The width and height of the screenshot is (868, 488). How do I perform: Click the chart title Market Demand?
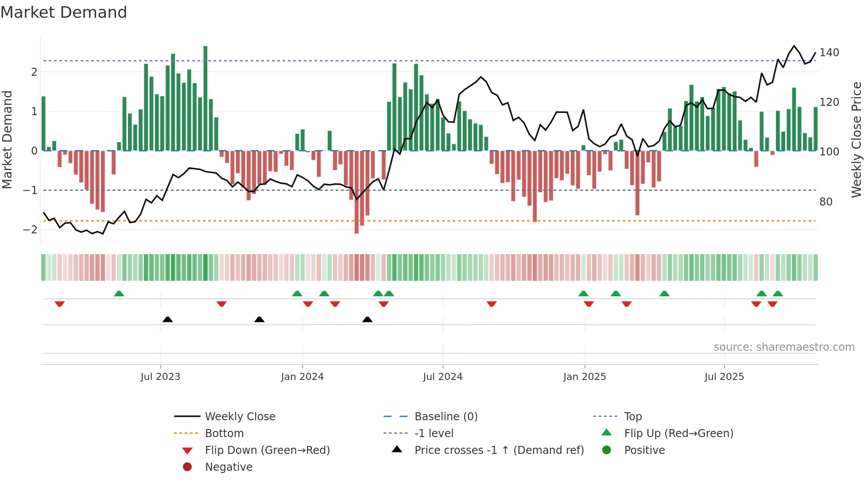pos(64,12)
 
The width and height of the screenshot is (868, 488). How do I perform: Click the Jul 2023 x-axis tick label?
pos(160,377)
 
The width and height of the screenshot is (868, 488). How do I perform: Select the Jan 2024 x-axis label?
pos(302,377)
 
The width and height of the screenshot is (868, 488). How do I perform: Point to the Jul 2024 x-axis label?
pos(443,377)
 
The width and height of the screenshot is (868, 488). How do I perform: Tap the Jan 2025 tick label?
pos(585,377)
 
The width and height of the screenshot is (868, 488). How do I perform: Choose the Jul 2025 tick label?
pos(725,377)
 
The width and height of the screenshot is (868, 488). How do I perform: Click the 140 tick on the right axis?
pos(829,53)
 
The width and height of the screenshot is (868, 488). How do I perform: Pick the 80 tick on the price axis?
pos(826,202)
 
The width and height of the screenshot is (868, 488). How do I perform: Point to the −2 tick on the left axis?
pos(30,229)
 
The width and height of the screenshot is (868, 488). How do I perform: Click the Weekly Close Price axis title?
pos(856,139)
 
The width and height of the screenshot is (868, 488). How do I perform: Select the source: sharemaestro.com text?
pos(784,347)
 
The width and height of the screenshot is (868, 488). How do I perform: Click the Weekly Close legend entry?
pos(240,417)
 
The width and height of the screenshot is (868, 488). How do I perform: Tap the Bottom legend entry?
pos(224,434)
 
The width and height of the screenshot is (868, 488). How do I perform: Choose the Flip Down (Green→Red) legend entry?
pos(267,450)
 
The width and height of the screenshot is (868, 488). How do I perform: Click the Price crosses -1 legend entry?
pos(499,450)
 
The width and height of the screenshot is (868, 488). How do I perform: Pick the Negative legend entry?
pos(229,467)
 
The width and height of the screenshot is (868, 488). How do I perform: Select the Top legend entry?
pos(633,417)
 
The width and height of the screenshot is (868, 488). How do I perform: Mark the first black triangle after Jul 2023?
pos(167,319)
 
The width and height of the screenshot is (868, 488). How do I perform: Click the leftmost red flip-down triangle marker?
pos(60,304)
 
